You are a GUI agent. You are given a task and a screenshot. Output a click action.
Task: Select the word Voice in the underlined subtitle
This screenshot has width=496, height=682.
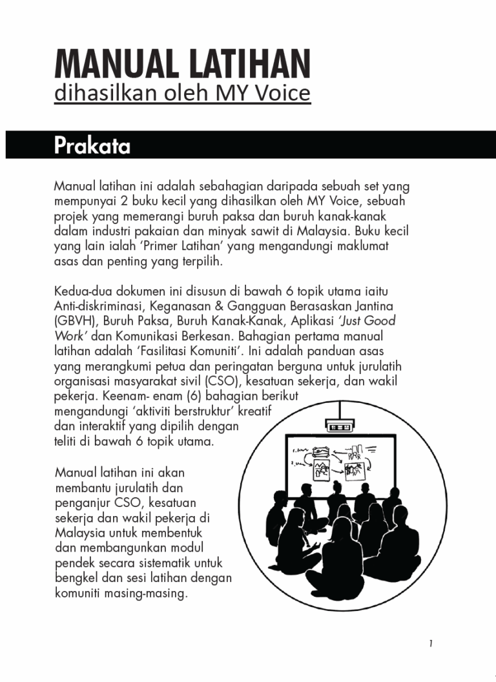[280, 94]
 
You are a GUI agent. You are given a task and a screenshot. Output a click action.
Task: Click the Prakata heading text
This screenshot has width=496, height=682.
[92, 146]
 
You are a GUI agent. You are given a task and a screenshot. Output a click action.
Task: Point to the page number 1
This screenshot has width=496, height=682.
[430, 643]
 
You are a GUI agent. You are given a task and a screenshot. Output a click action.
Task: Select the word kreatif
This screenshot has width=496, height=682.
[256, 411]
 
